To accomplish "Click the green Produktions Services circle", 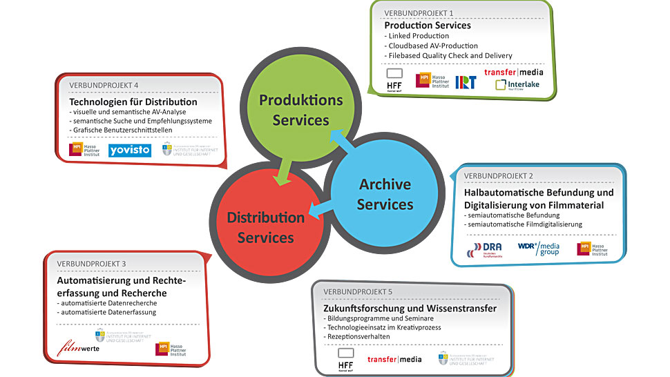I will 300,110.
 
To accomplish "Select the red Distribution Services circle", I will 265,227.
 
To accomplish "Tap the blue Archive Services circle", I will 384,194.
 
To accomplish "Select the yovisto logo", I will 129,150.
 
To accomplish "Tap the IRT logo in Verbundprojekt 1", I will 465,81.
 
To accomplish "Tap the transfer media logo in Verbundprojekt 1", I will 513,71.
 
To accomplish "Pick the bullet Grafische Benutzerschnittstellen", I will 122,130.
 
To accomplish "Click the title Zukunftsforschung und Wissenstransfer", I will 410,308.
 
